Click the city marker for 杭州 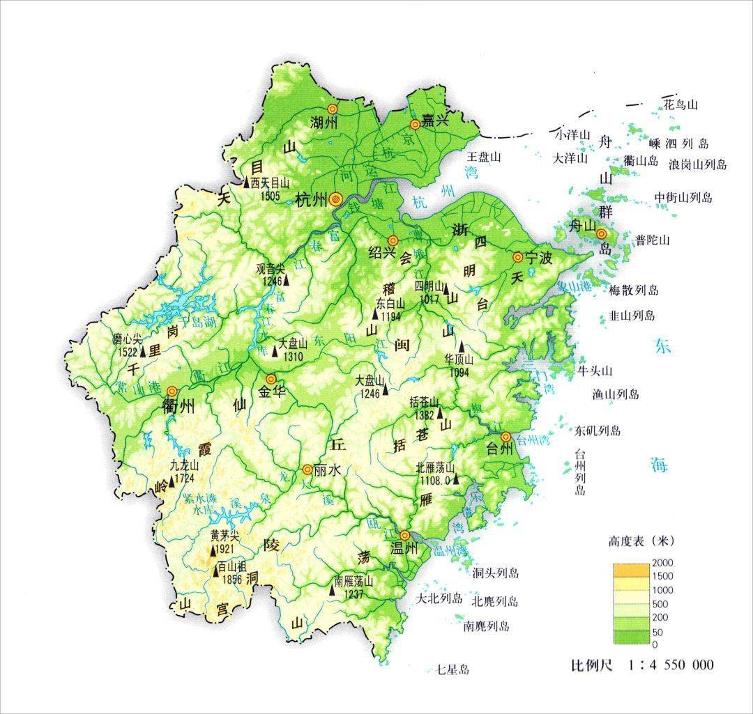pyautogui.click(x=336, y=199)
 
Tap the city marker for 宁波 pyautogui.click(x=517, y=257)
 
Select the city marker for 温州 pyautogui.click(x=404, y=536)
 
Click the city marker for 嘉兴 pyautogui.click(x=416, y=124)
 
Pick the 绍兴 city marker pyautogui.click(x=393, y=240)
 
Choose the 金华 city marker pyautogui.click(x=271, y=379)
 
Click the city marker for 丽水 pyautogui.click(x=307, y=469)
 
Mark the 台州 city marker pyautogui.click(x=506, y=437)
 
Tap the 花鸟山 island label pyautogui.click(x=680, y=105)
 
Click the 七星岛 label pyautogui.click(x=452, y=670)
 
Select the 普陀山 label pyautogui.click(x=653, y=240)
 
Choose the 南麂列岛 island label pyautogui.click(x=486, y=626)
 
